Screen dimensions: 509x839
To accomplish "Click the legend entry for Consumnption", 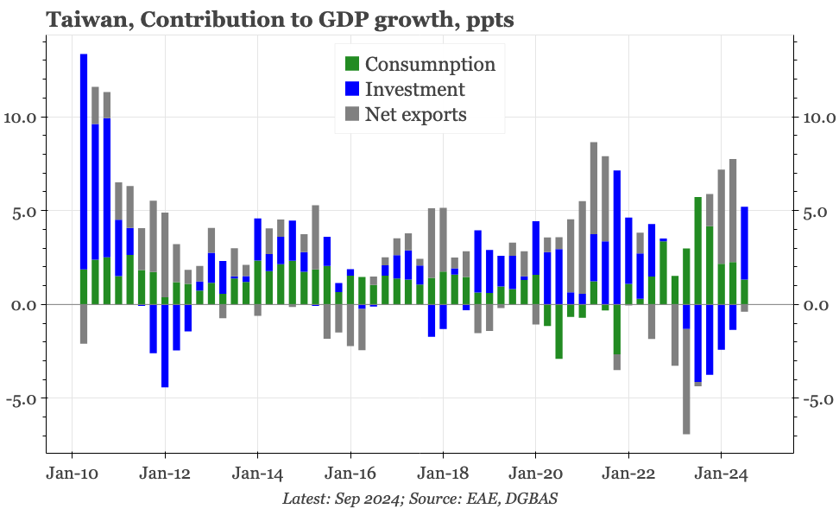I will coord(430,64).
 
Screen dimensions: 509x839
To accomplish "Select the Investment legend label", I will coord(414,89).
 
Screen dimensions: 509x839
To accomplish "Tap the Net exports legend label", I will coord(415,114).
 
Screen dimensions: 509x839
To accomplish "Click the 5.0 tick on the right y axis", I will coord(815,212).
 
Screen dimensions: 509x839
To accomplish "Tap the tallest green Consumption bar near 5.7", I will coord(697,251).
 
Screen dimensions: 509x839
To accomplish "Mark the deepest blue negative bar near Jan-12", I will coord(165,346).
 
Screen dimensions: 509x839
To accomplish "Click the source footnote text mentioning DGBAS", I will coord(423,498).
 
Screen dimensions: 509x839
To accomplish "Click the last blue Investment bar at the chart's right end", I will coord(744,243).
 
